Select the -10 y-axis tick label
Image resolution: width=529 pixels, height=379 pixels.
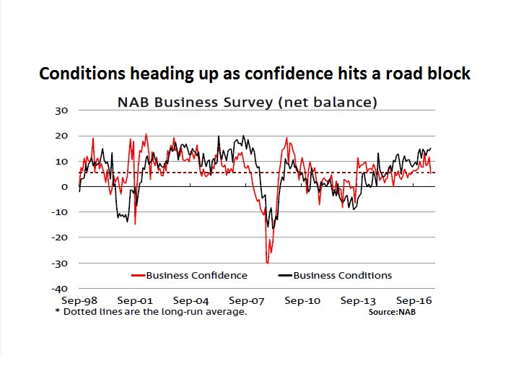[59, 212]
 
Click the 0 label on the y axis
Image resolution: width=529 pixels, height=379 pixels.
[64, 187]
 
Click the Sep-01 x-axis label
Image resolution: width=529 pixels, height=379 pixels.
[135, 300]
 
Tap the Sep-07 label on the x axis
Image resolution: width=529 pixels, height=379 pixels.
[247, 300]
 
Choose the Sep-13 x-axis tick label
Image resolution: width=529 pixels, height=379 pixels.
[359, 300]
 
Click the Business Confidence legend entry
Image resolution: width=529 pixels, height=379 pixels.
[196, 275]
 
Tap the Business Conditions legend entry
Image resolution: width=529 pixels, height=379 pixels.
[342, 275]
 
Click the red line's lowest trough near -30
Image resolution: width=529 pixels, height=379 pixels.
[267, 262]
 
